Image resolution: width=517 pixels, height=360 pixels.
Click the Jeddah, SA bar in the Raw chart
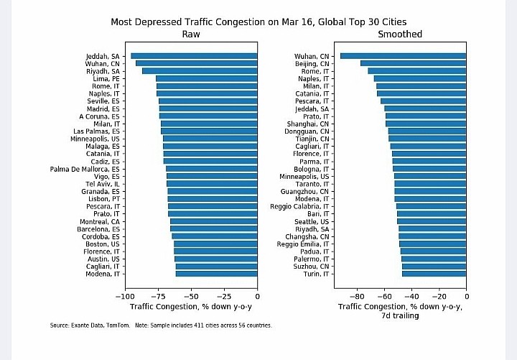coord(194,56)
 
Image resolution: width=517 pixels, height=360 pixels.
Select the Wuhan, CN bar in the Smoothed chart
coord(403,56)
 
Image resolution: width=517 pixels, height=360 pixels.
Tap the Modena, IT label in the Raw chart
coord(103,274)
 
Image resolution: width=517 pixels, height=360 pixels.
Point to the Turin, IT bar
coord(434,274)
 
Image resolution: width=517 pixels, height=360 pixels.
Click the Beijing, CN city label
coord(312,64)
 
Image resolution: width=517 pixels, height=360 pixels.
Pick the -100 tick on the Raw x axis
coord(125,295)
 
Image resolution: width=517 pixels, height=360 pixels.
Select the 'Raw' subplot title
coord(191,34)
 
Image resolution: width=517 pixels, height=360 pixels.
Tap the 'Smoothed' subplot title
coord(400,34)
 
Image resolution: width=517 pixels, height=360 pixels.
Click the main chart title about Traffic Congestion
coord(258,22)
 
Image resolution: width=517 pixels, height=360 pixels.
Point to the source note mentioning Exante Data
coord(161,326)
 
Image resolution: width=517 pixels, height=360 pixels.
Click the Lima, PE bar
coord(206,78)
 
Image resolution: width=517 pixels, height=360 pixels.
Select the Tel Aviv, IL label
coord(103,184)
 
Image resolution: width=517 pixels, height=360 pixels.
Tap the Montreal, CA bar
coord(213,221)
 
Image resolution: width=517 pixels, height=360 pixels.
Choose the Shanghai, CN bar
coord(426,124)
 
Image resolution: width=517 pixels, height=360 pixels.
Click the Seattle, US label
coord(312,221)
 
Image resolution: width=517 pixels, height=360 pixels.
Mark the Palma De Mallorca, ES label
coord(85,169)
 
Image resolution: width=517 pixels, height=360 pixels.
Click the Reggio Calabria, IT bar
coord(431,206)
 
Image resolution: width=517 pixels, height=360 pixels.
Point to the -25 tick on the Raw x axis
coord(224,295)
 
